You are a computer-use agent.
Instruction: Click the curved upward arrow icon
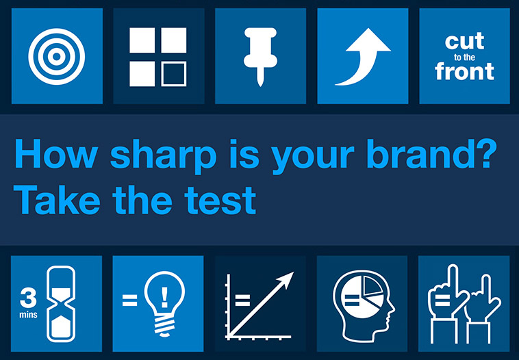[x=362, y=56]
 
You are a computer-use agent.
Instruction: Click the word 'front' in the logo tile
[x=465, y=70]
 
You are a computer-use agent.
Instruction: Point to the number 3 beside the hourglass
[x=29, y=298]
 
